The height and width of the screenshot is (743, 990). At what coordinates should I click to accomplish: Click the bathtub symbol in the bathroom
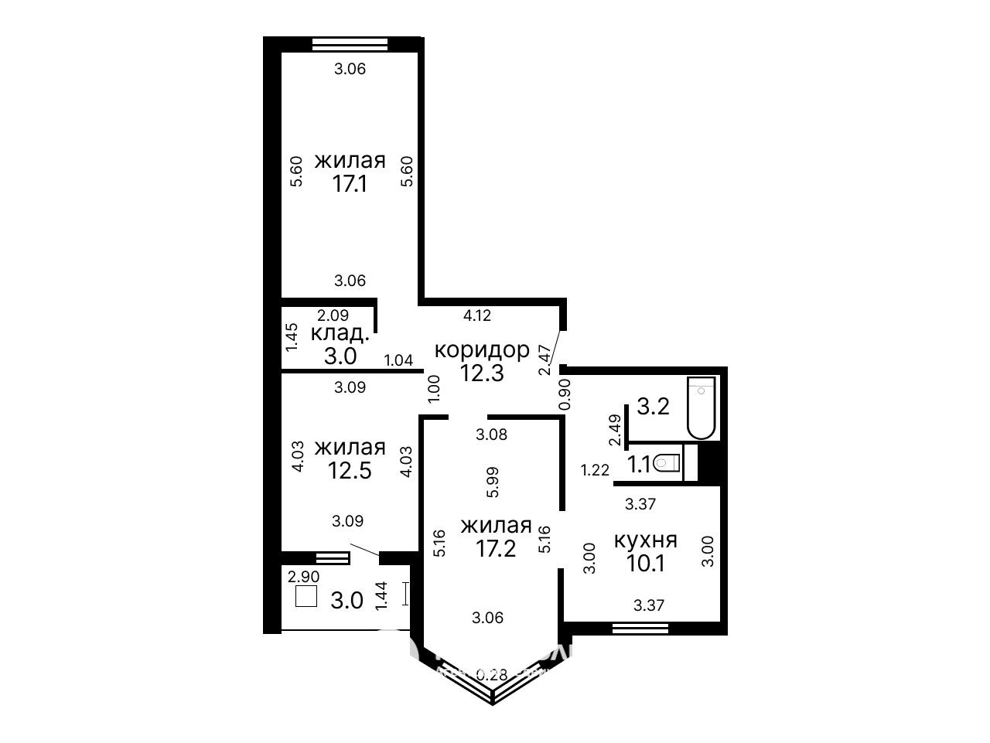[701, 407]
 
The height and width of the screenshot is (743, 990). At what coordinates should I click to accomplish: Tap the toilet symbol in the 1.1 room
[667, 462]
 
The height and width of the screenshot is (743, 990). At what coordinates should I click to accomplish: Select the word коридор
[482, 350]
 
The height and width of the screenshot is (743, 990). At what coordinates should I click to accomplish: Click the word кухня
[645, 540]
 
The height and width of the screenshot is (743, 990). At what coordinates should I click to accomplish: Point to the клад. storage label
[340, 334]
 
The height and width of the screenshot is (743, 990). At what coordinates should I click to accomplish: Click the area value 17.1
[350, 184]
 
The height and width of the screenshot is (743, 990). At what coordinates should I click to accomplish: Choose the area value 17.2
[496, 549]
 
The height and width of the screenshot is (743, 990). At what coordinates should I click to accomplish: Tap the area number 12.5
[350, 471]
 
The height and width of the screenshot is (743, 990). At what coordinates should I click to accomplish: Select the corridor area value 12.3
[482, 373]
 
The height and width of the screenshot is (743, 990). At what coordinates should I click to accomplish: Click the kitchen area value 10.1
[645, 564]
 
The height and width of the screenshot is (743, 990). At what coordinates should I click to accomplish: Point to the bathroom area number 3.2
[653, 407]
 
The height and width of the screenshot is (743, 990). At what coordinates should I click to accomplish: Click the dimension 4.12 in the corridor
[477, 315]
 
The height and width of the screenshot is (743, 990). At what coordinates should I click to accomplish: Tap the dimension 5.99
[493, 482]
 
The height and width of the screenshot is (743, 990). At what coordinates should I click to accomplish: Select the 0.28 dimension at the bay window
[492, 675]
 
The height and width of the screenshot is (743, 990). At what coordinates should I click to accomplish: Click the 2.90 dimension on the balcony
[303, 577]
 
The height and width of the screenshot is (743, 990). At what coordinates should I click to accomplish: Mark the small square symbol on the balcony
[306, 596]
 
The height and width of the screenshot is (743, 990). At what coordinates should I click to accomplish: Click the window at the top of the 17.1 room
[350, 44]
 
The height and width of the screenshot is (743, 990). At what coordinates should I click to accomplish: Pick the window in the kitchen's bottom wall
[640, 628]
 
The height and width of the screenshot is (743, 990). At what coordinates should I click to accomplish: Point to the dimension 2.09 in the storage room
[333, 315]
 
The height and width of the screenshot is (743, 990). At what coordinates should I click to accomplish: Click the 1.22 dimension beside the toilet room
[595, 471]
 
